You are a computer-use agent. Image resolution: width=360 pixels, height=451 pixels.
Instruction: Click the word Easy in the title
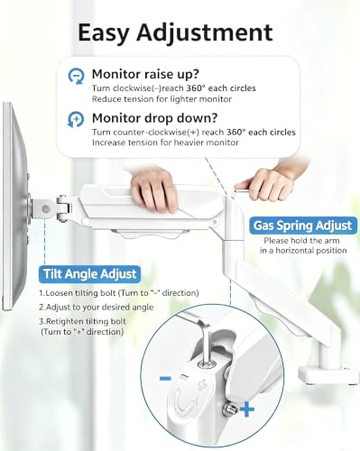click(x=103, y=33)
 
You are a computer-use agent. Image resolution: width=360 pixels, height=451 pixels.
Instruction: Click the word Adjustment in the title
click(x=205, y=32)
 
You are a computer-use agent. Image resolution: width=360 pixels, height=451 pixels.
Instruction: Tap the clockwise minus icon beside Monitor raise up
click(x=76, y=77)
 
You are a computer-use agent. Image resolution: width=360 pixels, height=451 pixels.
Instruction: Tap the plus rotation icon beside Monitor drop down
click(x=76, y=120)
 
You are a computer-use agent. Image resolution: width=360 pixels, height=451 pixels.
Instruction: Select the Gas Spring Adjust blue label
click(x=303, y=225)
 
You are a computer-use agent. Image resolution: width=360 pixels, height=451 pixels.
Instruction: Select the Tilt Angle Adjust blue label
click(x=89, y=274)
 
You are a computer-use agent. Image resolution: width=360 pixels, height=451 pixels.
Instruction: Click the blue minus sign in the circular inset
click(x=165, y=378)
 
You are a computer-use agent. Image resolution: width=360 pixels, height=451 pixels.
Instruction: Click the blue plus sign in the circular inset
click(x=247, y=410)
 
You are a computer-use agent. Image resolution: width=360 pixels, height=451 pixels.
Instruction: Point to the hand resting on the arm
click(x=154, y=190)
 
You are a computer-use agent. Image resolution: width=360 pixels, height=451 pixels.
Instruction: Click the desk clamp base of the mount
click(x=328, y=373)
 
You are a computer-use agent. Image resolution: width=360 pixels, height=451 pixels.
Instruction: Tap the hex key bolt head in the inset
click(x=208, y=364)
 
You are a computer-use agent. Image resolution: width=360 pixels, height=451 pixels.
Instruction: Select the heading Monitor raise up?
click(x=145, y=74)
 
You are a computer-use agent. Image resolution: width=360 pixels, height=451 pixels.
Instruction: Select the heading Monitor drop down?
click(x=154, y=118)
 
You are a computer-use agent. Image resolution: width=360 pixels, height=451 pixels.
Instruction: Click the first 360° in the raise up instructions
click(x=196, y=88)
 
